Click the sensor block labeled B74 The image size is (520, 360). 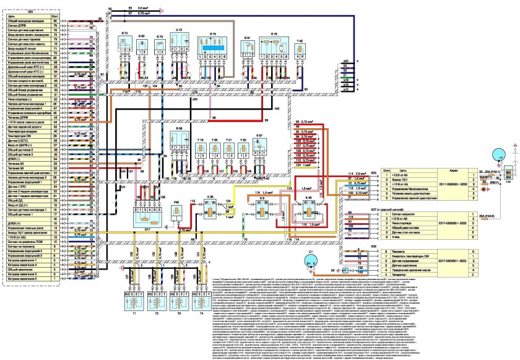pos(125,45)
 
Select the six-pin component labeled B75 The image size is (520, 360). pos(217,47)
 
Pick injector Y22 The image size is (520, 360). pos(244,156)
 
